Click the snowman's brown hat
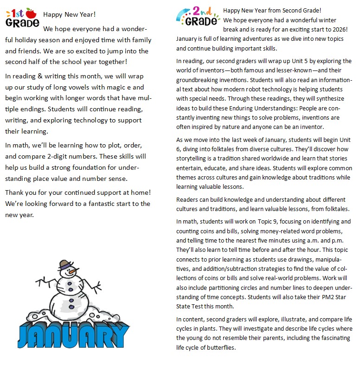coord(65,264)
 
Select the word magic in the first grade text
coord(116,87)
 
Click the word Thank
coord(14,192)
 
